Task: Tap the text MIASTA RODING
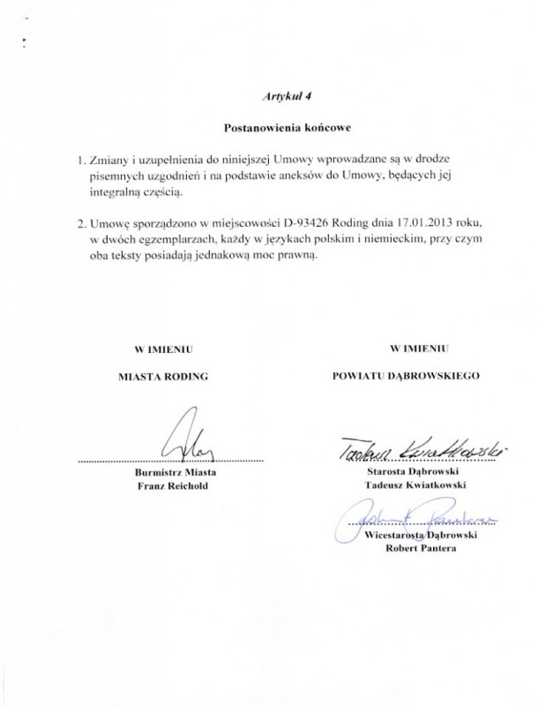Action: (163, 375)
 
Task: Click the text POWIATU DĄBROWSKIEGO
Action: (406, 375)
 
